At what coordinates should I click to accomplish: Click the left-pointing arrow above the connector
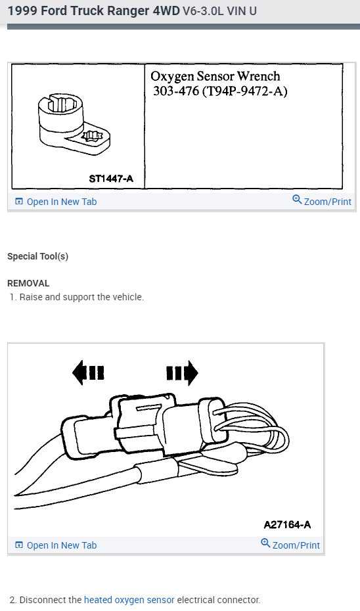[x=88, y=373]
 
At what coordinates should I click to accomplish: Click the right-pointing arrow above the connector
[x=182, y=373]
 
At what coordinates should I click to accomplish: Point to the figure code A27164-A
[x=287, y=524]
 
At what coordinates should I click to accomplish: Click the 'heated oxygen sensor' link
[x=129, y=600]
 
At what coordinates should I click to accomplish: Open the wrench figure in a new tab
[x=56, y=202]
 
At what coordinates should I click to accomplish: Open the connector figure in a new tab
[x=56, y=545]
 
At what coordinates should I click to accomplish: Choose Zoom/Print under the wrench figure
[x=322, y=202]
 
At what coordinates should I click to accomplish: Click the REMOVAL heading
[x=28, y=283]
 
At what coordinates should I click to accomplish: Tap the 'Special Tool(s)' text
[x=37, y=256]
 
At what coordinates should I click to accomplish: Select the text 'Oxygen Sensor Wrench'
[x=215, y=76]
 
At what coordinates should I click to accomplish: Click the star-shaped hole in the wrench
[x=90, y=137]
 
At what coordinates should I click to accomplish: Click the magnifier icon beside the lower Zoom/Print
[x=265, y=543]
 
